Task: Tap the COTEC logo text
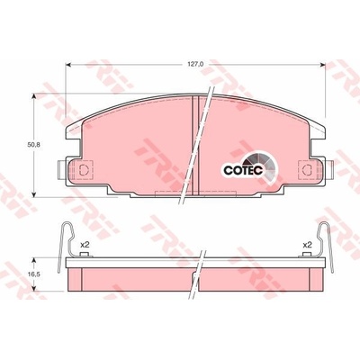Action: point(243,170)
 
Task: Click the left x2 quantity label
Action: point(85,245)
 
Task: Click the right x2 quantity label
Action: point(308,245)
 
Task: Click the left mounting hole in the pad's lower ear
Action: point(83,170)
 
